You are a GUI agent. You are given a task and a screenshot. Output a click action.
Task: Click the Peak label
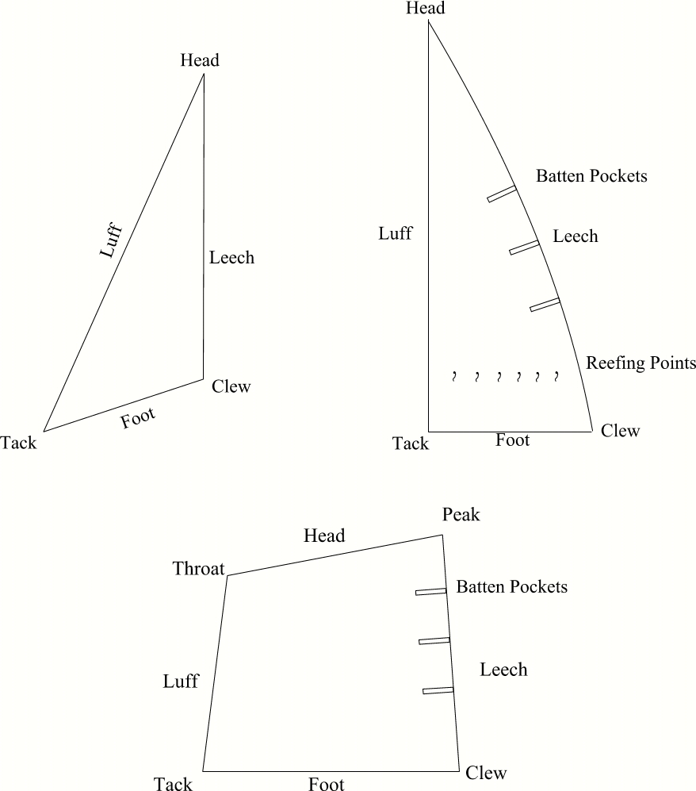point(461,515)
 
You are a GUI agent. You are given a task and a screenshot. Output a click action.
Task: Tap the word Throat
point(198,568)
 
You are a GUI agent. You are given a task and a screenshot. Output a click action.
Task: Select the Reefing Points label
point(640,363)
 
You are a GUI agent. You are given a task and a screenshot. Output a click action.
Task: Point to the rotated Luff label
point(112,240)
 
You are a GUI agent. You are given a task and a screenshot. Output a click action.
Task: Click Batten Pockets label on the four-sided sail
point(511,587)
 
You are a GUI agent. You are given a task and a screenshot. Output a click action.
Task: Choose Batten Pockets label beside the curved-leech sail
point(591,175)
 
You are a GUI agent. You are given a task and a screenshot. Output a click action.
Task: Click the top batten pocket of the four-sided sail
point(430,591)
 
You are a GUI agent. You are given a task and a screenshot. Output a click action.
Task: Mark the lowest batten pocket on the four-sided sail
point(438,690)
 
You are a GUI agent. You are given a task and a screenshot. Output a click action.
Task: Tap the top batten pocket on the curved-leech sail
point(502,194)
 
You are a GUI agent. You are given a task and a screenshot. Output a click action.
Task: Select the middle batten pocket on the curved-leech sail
point(524,248)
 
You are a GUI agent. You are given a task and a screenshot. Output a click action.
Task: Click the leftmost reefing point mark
point(454,374)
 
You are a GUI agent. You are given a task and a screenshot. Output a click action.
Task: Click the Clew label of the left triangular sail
point(231,387)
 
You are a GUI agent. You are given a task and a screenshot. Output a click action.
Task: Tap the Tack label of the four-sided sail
point(173,785)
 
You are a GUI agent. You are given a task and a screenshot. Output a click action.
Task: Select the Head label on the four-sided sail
point(324,536)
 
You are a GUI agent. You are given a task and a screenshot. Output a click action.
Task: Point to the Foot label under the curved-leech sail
point(512,440)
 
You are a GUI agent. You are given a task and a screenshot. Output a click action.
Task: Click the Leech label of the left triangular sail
point(231,257)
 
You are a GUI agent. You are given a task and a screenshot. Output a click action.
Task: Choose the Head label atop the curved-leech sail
point(425,9)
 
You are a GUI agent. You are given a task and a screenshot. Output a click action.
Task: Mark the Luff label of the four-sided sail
point(181,681)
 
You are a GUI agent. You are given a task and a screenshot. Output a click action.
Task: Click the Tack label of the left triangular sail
point(18,443)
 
